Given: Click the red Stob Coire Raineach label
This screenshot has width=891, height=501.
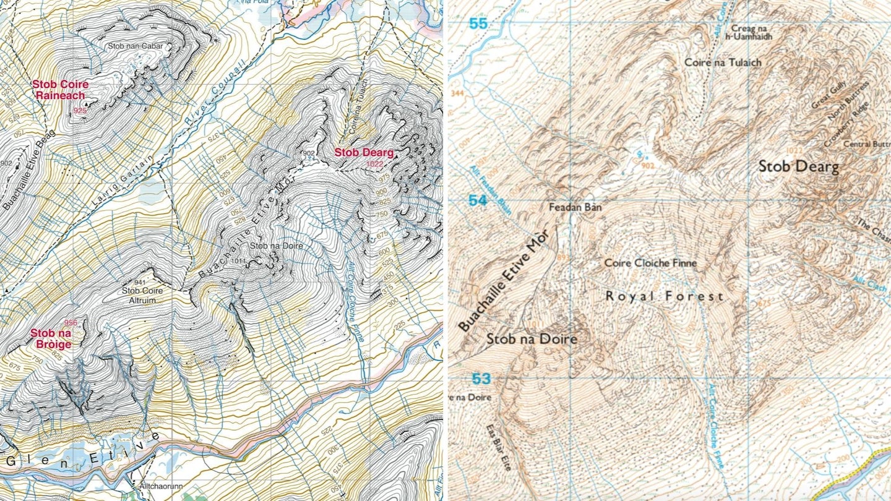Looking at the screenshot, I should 60,90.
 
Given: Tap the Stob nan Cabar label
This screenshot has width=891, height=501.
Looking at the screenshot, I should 131,46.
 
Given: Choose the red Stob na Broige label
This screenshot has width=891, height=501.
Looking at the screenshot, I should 51,338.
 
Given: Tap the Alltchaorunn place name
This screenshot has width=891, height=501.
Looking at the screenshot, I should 158,487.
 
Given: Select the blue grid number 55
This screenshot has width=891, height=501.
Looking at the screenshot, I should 478,24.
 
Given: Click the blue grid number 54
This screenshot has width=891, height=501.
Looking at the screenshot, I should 477,200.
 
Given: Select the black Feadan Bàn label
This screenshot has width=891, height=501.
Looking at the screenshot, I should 575,208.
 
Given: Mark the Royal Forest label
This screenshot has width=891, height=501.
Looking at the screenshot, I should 664,297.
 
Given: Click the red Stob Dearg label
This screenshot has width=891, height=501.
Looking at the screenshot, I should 364,152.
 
